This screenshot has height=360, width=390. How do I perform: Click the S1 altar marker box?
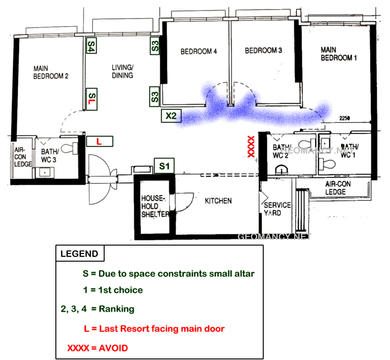[164, 166]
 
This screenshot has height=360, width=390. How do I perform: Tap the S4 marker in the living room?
[91, 45]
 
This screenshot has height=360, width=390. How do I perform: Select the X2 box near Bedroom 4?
[171, 116]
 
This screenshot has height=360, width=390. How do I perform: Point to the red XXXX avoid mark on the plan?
[251, 146]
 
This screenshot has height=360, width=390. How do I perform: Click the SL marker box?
[92, 99]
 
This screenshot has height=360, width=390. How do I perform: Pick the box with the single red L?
[100, 141]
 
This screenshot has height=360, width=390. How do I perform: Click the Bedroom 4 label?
[198, 51]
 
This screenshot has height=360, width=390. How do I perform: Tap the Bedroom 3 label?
[263, 50]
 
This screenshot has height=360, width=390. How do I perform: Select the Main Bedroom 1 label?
[339, 54]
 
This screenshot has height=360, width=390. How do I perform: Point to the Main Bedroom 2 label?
[51, 72]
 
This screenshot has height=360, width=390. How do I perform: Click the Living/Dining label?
[123, 71]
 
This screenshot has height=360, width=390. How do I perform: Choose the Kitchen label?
[218, 201]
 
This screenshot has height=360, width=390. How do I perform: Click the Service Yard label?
[277, 209]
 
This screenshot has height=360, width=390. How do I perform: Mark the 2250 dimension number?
[344, 118]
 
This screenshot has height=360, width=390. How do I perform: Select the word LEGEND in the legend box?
[79, 254]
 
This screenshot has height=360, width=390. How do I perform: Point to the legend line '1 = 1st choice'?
[113, 290]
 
